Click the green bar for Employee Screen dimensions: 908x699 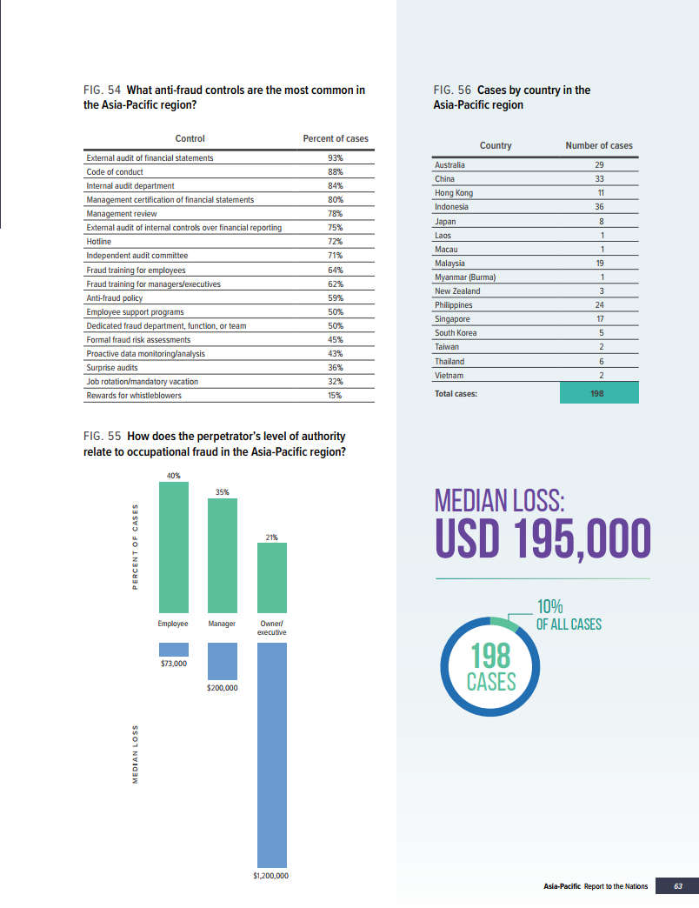point(173,547)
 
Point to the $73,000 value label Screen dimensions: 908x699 point(173,663)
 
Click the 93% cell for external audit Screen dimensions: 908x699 point(335,158)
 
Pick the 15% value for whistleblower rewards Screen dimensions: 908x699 point(335,396)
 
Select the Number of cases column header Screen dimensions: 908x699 point(599,145)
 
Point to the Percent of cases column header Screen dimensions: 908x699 point(335,138)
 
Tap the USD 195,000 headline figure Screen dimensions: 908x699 point(543,537)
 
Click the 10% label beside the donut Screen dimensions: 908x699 point(550,607)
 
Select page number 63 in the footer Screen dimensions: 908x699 point(678,886)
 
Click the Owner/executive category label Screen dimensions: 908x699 point(272,628)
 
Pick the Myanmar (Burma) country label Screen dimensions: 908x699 point(464,277)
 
